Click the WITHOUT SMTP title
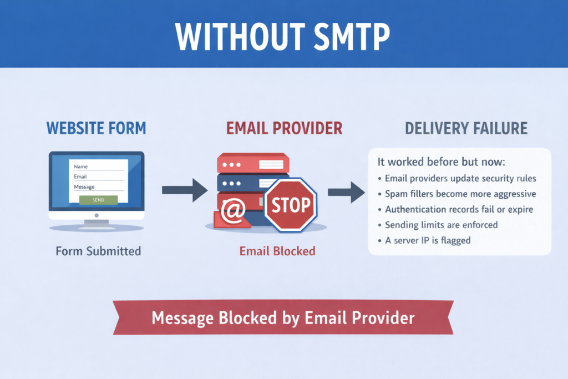[282, 37]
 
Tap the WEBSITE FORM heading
[97, 128]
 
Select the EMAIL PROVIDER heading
[285, 128]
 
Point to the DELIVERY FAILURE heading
[466, 129]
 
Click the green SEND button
[98, 200]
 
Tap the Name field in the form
[98, 166]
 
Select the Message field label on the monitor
[84, 187]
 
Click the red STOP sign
[291, 205]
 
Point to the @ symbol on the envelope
[234, 210]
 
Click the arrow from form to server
[185, 190]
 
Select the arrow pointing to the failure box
[346, 192]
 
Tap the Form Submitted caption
[98, 251]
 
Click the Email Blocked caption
[277, 251]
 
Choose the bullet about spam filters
[457, 194]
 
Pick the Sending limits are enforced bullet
[438, 225]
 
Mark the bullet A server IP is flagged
[424, 241]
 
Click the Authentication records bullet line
[455, 209]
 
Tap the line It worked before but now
[441, 161]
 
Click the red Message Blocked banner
[283, 317]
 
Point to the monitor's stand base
[97, 227]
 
